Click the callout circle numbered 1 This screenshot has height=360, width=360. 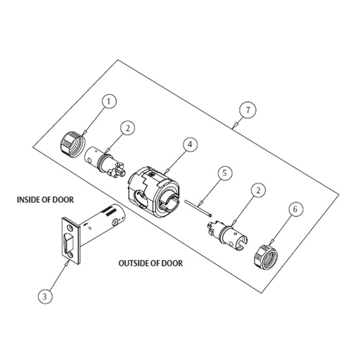click(109, 101)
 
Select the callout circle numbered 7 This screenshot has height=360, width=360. click(248, 110)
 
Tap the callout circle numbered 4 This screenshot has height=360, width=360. click(190, 145)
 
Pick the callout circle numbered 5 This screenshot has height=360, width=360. click(224, 173)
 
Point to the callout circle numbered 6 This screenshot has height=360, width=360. click(295, 209)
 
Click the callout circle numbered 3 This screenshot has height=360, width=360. click(45, 296)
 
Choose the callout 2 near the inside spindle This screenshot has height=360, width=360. click(128, 128)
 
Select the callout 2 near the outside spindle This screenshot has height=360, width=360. click(258, 190)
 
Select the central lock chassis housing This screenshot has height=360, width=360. click(153, 191)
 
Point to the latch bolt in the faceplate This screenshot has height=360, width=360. click(68, 242)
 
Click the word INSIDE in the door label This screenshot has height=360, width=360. click(28, 200)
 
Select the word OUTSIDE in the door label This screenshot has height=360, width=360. click(134, 263)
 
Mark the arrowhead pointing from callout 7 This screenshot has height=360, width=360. click(234, 126)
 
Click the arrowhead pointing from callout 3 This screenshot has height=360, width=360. click(66, 263)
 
